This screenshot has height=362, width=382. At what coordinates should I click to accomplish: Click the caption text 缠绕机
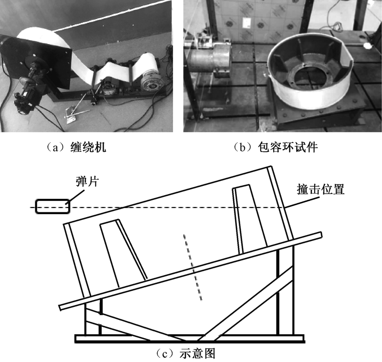point(88,147)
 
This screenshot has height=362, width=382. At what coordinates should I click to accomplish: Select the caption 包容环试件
point(288,147)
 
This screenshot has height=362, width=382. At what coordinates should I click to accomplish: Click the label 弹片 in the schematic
point(87,182)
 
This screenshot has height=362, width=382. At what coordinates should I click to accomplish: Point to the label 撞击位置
point(321,189)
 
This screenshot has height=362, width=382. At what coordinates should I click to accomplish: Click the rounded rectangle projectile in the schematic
point(53,207)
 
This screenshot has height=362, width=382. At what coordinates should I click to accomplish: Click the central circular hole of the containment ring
point(308,77)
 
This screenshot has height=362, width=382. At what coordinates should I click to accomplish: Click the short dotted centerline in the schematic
point(192,267)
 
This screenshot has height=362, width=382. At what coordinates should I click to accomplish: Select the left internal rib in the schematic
point(123,254)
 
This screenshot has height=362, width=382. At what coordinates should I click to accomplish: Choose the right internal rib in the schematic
point(250,219)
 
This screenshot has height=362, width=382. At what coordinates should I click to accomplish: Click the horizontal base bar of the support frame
point(190,339)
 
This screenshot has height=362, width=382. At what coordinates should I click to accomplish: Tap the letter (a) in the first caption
point(56,148)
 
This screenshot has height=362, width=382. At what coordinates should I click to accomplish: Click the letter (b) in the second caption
point(243,148)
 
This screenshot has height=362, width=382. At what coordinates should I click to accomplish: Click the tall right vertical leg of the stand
point(285,290)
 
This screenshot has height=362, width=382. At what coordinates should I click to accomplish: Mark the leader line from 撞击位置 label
point(302,202)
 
